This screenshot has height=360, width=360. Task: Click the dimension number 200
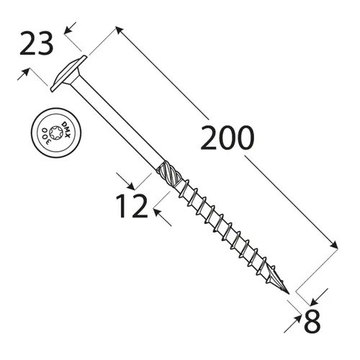(x=227, y=138)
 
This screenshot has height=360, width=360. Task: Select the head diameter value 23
(x=35, y=45)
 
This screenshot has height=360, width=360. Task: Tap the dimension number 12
(x=131, y=207)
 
